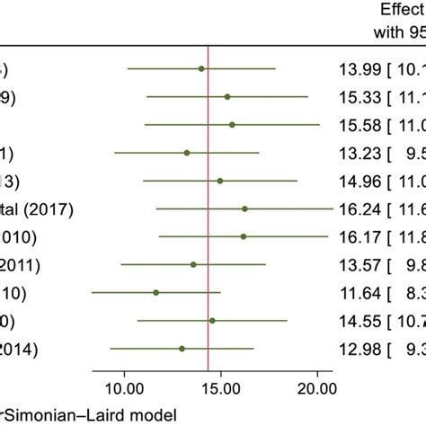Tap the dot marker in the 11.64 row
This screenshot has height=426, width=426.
click(156, 293)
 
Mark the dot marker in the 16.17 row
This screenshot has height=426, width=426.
click(244, 237)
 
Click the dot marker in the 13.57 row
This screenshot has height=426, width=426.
click(193, 265)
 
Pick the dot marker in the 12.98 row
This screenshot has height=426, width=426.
click(182, 349)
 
